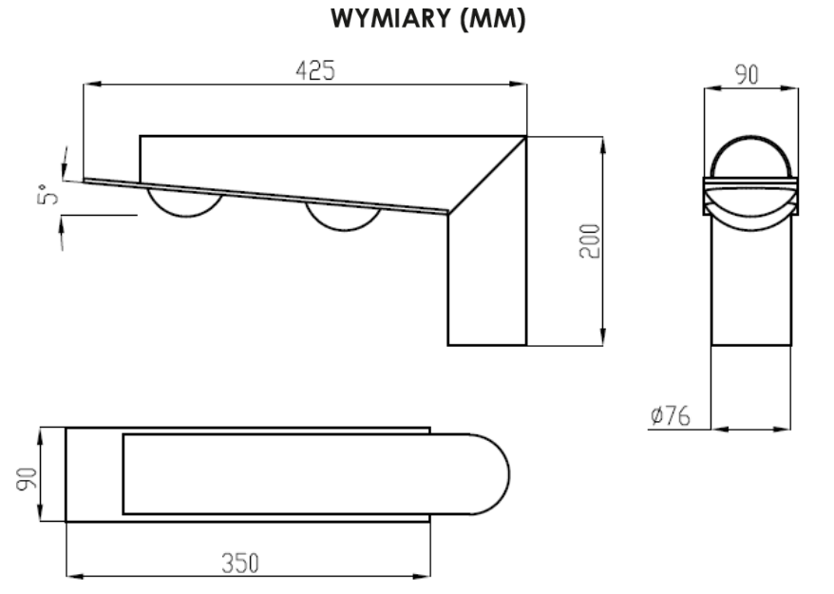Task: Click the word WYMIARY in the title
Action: point(390,18)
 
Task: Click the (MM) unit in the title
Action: point(493,19)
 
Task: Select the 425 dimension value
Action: point(315,70)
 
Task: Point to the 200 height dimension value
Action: point(589,241)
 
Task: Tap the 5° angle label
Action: point(47,194)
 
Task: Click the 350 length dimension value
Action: point(240,564)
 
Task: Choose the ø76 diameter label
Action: point(671,415)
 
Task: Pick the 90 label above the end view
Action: point(747,74)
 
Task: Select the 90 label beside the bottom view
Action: point(27,479)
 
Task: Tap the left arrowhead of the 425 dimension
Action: point(92,84)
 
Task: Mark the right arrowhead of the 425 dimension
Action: point(518,84)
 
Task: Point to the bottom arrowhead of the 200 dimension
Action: point(602,336)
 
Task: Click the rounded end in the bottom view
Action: point(508,474)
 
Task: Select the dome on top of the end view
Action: point(750,137)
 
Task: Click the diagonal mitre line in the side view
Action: point(486,175)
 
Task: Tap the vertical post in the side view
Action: point(487,279)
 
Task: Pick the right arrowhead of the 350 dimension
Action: point(421,575)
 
